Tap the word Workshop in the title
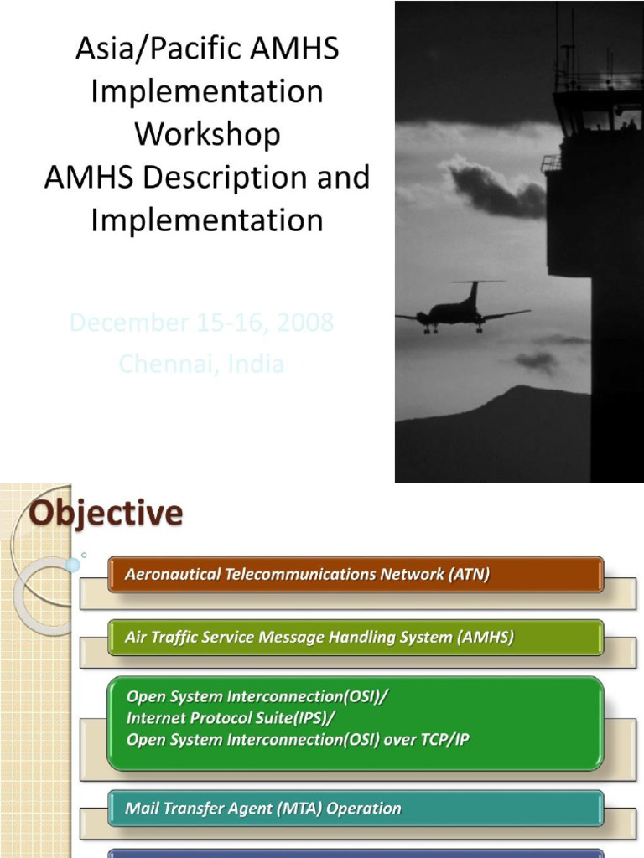(x=207, y=134)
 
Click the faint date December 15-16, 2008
(x=201, y=323)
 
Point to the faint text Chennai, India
(x=201, y=364)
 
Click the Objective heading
(x=106, y=513)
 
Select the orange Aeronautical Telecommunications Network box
(x=356, y=575)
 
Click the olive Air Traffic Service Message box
(x=356, y=638)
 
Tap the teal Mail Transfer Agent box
(x=356, y=809)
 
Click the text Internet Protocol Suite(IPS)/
(x=236, y=718)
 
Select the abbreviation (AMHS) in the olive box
(x=486, y=638)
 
